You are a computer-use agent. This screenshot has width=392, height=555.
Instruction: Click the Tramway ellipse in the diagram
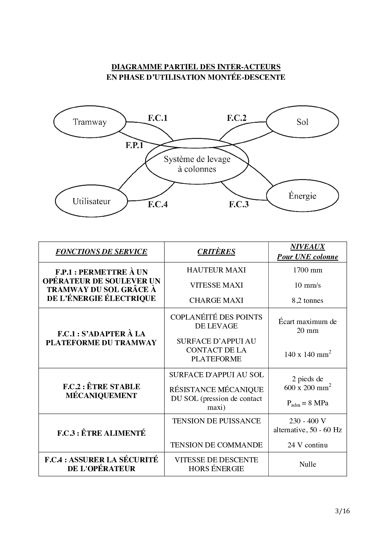click(90, 122)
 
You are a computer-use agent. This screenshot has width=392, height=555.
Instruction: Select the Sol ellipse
click(302, 122)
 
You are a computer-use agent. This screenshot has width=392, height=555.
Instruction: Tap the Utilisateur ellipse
click(91, 201)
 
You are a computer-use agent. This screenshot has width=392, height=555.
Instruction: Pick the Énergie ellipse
click(302, 196)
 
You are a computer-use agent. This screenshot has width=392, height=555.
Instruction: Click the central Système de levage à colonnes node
click(197, 164)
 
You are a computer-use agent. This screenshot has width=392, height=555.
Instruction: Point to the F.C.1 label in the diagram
click(157, 118)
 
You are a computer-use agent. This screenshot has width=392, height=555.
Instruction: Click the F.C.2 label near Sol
click(236, 118)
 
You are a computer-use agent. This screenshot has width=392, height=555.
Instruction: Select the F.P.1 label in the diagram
click(134, 145)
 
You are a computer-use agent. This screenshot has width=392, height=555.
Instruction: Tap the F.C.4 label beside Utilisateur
click(157, 204)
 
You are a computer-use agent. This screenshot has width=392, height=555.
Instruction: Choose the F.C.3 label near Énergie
click(239, 204)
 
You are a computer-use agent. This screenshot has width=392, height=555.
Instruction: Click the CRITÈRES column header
click(216, 252)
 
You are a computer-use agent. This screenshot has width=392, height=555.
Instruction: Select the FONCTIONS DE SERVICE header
click(101, 252)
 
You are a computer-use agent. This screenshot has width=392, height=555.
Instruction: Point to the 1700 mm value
click(307, 270)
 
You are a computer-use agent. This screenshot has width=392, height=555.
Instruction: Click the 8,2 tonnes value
click(307, 300)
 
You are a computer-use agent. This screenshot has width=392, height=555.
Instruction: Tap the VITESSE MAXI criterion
click(216, 285)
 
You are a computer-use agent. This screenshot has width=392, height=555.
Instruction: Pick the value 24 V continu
click(307, 445)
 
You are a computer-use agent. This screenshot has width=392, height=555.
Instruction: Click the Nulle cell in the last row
click(307, 464)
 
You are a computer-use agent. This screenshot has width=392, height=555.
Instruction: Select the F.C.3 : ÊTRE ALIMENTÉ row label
click(101, 433)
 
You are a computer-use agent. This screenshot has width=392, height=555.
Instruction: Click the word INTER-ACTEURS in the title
click(249, 67)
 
